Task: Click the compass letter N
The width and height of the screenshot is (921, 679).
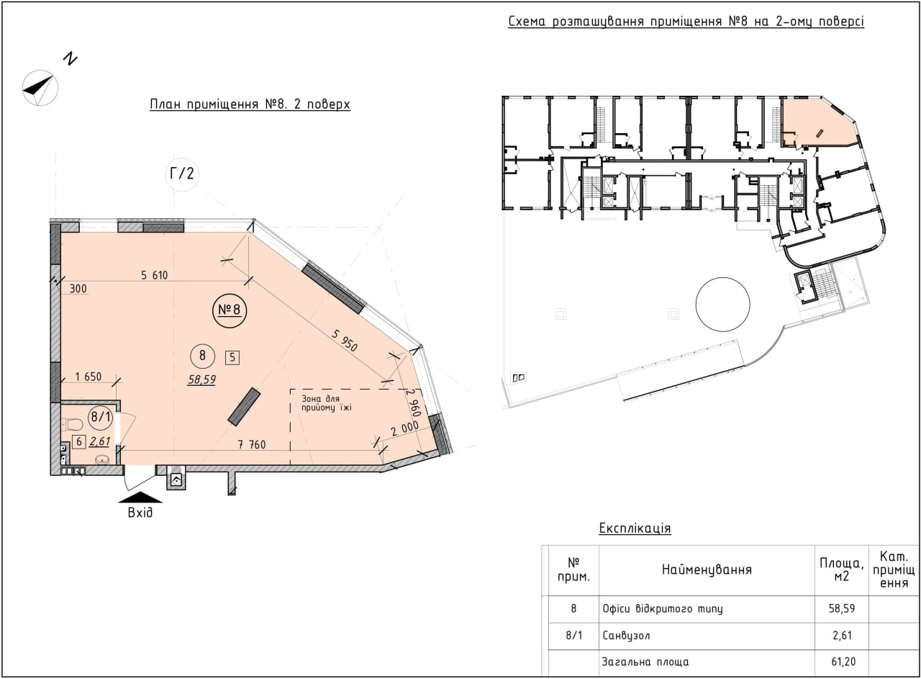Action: pyautogui.click(x=71, y=58)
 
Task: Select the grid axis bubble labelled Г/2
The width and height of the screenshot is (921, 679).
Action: pyautogui.click(x=182, y=174)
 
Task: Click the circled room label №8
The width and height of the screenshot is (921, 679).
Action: pyautogui.click(x=230, y=310)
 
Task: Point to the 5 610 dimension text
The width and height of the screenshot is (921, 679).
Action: pyautogui.click(x=155, y=275)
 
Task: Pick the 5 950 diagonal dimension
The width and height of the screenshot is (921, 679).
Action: pyautogui.click(x=345, y=341)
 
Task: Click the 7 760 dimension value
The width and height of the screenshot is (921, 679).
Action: pyautogui.click(x=252, y=444)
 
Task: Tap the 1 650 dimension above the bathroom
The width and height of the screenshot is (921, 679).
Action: pyautogui.click(x=89, y=377)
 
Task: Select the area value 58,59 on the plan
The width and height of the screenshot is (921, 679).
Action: pyautogui.click(x=202, y=379)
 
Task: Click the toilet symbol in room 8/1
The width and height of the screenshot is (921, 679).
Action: pyautogui.click(x=71, y=424)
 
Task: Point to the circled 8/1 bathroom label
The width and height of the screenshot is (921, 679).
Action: pyautogui.click(x=101, y=417)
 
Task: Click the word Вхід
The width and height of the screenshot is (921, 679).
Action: pyautogui.click(x=140, y=513)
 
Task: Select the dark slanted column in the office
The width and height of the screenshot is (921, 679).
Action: pyautogui.click(x=244, y=407)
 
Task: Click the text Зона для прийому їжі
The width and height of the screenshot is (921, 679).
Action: pyautogui.click(x=327, y=403)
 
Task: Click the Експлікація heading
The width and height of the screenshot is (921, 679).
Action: pyautogui.click(x=635, y=529)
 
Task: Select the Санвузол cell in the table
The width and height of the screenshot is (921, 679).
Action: pyautogui.click(x=626, y=636)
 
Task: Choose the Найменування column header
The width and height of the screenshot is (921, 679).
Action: pyautogui.click(x=707, y=570)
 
